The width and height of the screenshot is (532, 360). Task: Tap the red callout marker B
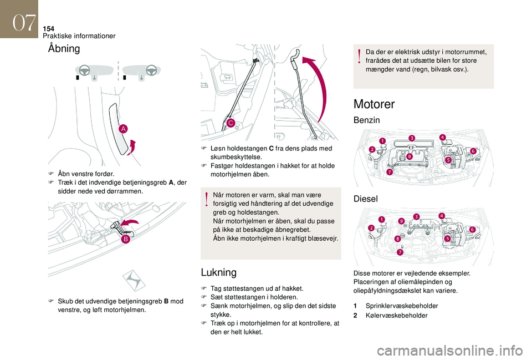tap(126, 239)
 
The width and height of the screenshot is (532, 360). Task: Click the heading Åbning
tap(64, 49)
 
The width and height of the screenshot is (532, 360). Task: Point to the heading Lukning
tap(218, 272)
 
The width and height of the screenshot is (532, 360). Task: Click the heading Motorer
tap(374, 104)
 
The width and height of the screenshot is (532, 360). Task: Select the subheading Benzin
tap(367, 120)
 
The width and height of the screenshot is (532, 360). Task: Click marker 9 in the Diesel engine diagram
tap(401, 222)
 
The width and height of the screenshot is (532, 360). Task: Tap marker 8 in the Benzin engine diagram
tap(409, 158)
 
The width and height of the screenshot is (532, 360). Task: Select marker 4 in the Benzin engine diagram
tap(442, 137)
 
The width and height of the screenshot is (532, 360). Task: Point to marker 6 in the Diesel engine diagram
tap(473, 229)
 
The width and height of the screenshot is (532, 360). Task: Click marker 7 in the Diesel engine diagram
tap(400, 252)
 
